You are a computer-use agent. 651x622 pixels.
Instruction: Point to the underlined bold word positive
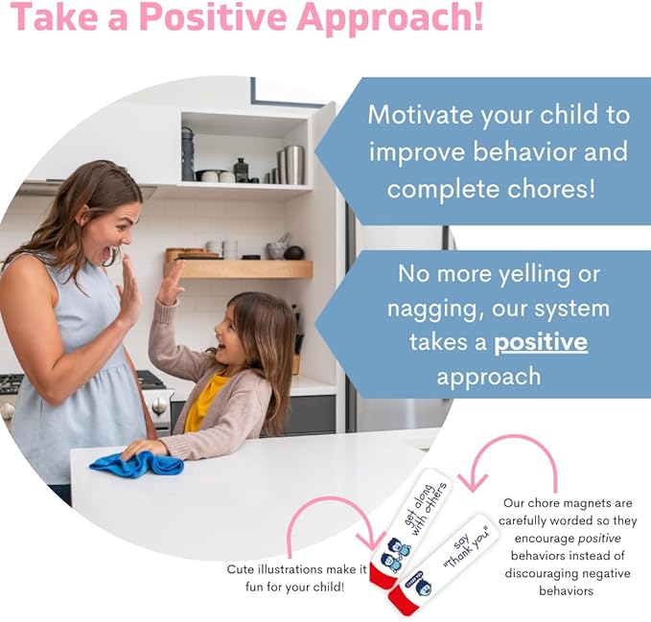(541, 342)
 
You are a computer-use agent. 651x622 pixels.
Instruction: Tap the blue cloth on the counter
(136, 464)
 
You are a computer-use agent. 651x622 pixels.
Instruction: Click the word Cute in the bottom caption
(241, 568)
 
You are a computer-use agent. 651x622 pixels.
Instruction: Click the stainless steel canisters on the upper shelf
(291, 164)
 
